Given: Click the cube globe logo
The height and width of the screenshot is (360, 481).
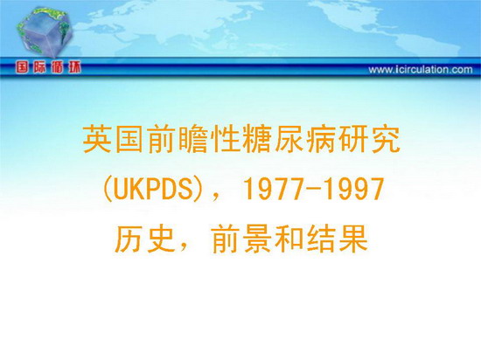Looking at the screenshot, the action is pos(44,31).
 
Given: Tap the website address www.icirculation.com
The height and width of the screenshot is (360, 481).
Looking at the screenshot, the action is pos(421,70).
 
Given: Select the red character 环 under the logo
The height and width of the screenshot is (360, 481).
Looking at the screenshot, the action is pos(74,67).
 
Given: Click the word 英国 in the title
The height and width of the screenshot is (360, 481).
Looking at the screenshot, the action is pos(113,140).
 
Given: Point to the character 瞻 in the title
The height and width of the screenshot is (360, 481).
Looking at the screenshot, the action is pos(192,140).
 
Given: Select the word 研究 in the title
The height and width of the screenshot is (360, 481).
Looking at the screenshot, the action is pos(368,140).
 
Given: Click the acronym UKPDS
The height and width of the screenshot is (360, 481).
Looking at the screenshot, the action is pos(152,189).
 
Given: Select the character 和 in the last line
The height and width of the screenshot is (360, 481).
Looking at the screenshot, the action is pos(289,239).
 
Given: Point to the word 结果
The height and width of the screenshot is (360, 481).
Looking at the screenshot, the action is pos(337,239).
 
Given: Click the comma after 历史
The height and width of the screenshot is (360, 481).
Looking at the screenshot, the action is pos(183,247).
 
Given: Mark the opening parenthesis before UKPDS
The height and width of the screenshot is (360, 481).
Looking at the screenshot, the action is pos(107,189).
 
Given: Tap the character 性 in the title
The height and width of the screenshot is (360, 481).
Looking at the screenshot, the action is pos(225,140).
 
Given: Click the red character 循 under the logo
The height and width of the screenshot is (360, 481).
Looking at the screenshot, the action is pos(58,67).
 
